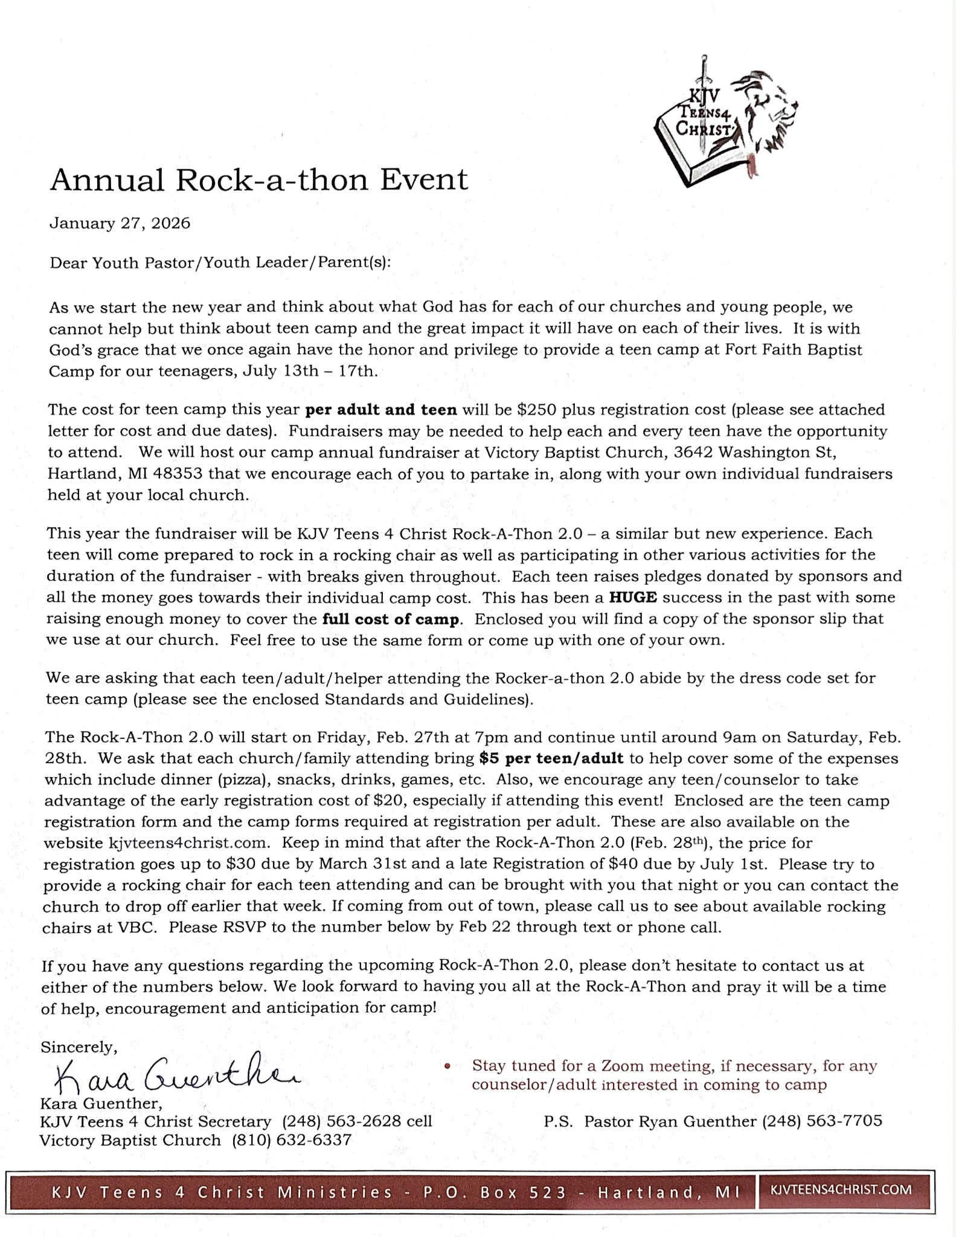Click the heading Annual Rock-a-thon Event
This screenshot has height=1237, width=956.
tap(258, 179)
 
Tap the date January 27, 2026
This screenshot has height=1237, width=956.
tap(120, 224)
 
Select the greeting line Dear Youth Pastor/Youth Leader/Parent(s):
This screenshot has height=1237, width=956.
tap(220, 263)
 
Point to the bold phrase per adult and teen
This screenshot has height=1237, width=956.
tap(381, 410)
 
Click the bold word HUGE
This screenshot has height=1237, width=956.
tap(632, 598)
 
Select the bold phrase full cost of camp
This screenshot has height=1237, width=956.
tap(391, 619)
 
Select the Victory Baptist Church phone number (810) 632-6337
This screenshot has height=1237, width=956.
tap(292, 1141)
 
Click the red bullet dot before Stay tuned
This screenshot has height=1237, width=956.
tap(448, 1067)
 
